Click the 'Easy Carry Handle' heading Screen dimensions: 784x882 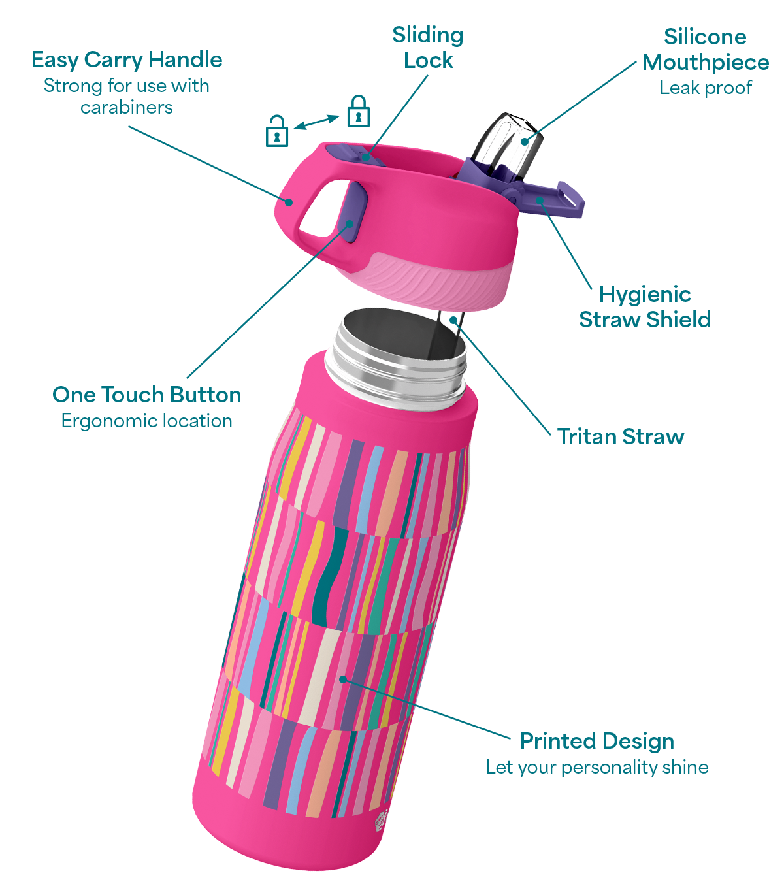pos(127,60)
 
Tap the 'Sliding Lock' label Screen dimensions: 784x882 pos(428,48)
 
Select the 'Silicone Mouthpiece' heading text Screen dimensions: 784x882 pos(705,50)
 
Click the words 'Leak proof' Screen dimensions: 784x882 pos(706,88)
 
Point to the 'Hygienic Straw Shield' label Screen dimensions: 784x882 pos(645,307)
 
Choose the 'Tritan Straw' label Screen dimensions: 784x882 pos(621,436)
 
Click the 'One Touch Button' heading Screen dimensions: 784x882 pos(147,395)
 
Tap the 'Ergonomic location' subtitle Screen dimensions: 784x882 pos(147,421)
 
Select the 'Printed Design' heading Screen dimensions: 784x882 pos(597,741)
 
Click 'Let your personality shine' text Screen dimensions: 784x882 pos(597,767)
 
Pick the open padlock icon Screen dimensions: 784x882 pos(277,131)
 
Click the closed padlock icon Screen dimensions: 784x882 pos(358,111)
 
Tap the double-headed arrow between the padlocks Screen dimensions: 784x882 pos(316,122)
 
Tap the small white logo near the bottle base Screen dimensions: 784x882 pos(382,821)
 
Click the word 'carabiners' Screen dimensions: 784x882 pos(127,108)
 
